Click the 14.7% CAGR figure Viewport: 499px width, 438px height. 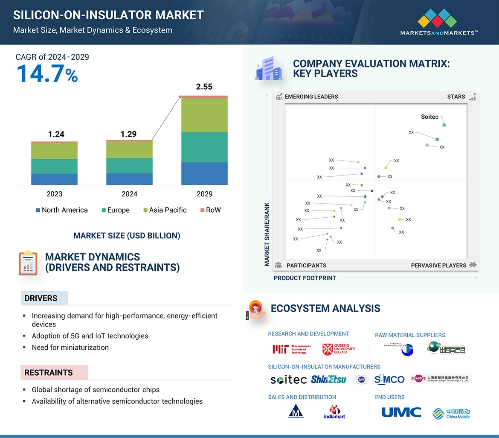(47, 73)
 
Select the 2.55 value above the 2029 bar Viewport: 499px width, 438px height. (204, 87)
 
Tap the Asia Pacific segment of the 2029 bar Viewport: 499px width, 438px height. (204, 115)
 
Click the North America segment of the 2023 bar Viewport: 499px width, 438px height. (54, 179)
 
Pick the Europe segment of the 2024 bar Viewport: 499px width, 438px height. (129, 166)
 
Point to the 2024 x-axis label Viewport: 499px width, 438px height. (129, 194)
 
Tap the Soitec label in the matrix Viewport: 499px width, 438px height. (429, 117)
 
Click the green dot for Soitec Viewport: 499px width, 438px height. (444, 125)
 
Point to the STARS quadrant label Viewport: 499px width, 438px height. (456, 96)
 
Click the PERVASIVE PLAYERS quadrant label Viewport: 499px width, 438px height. (438, 266)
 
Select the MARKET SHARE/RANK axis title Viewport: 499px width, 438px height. (267, 234)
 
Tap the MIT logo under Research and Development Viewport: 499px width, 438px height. (292, 349)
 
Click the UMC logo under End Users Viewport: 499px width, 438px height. (401, 412)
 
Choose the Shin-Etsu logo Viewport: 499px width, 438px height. (328, 379)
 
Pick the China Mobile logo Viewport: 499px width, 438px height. (451, 413)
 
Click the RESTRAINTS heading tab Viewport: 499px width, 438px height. (49, 373)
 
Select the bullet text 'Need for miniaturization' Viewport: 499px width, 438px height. (70, 347)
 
